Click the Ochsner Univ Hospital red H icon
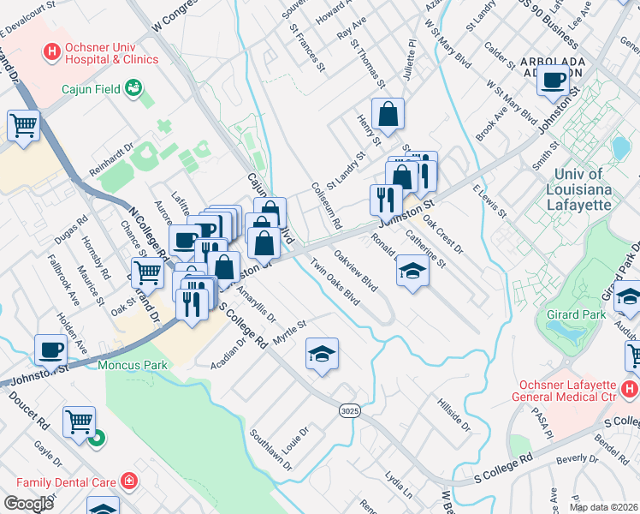pyautogui.click(x=52, y=52)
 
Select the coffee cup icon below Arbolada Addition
pyautogui.click(x=554, y=80)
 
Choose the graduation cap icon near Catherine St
pyautogui.click(x=412, y=272)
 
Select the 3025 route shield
pyautogui.click(x=348, y=411)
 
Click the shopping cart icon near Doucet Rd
pyautogui.click(x=79, y=421)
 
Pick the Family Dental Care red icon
pyautogui.click(x=128, y=482)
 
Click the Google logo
pyautogui.click(x=28, y=504)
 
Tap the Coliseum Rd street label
pyautogui.click(x=327, y=206)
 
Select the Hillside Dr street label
pyautogui.click(x=454, y=414)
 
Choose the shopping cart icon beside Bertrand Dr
pyautogui.click(x=149, y=272)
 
